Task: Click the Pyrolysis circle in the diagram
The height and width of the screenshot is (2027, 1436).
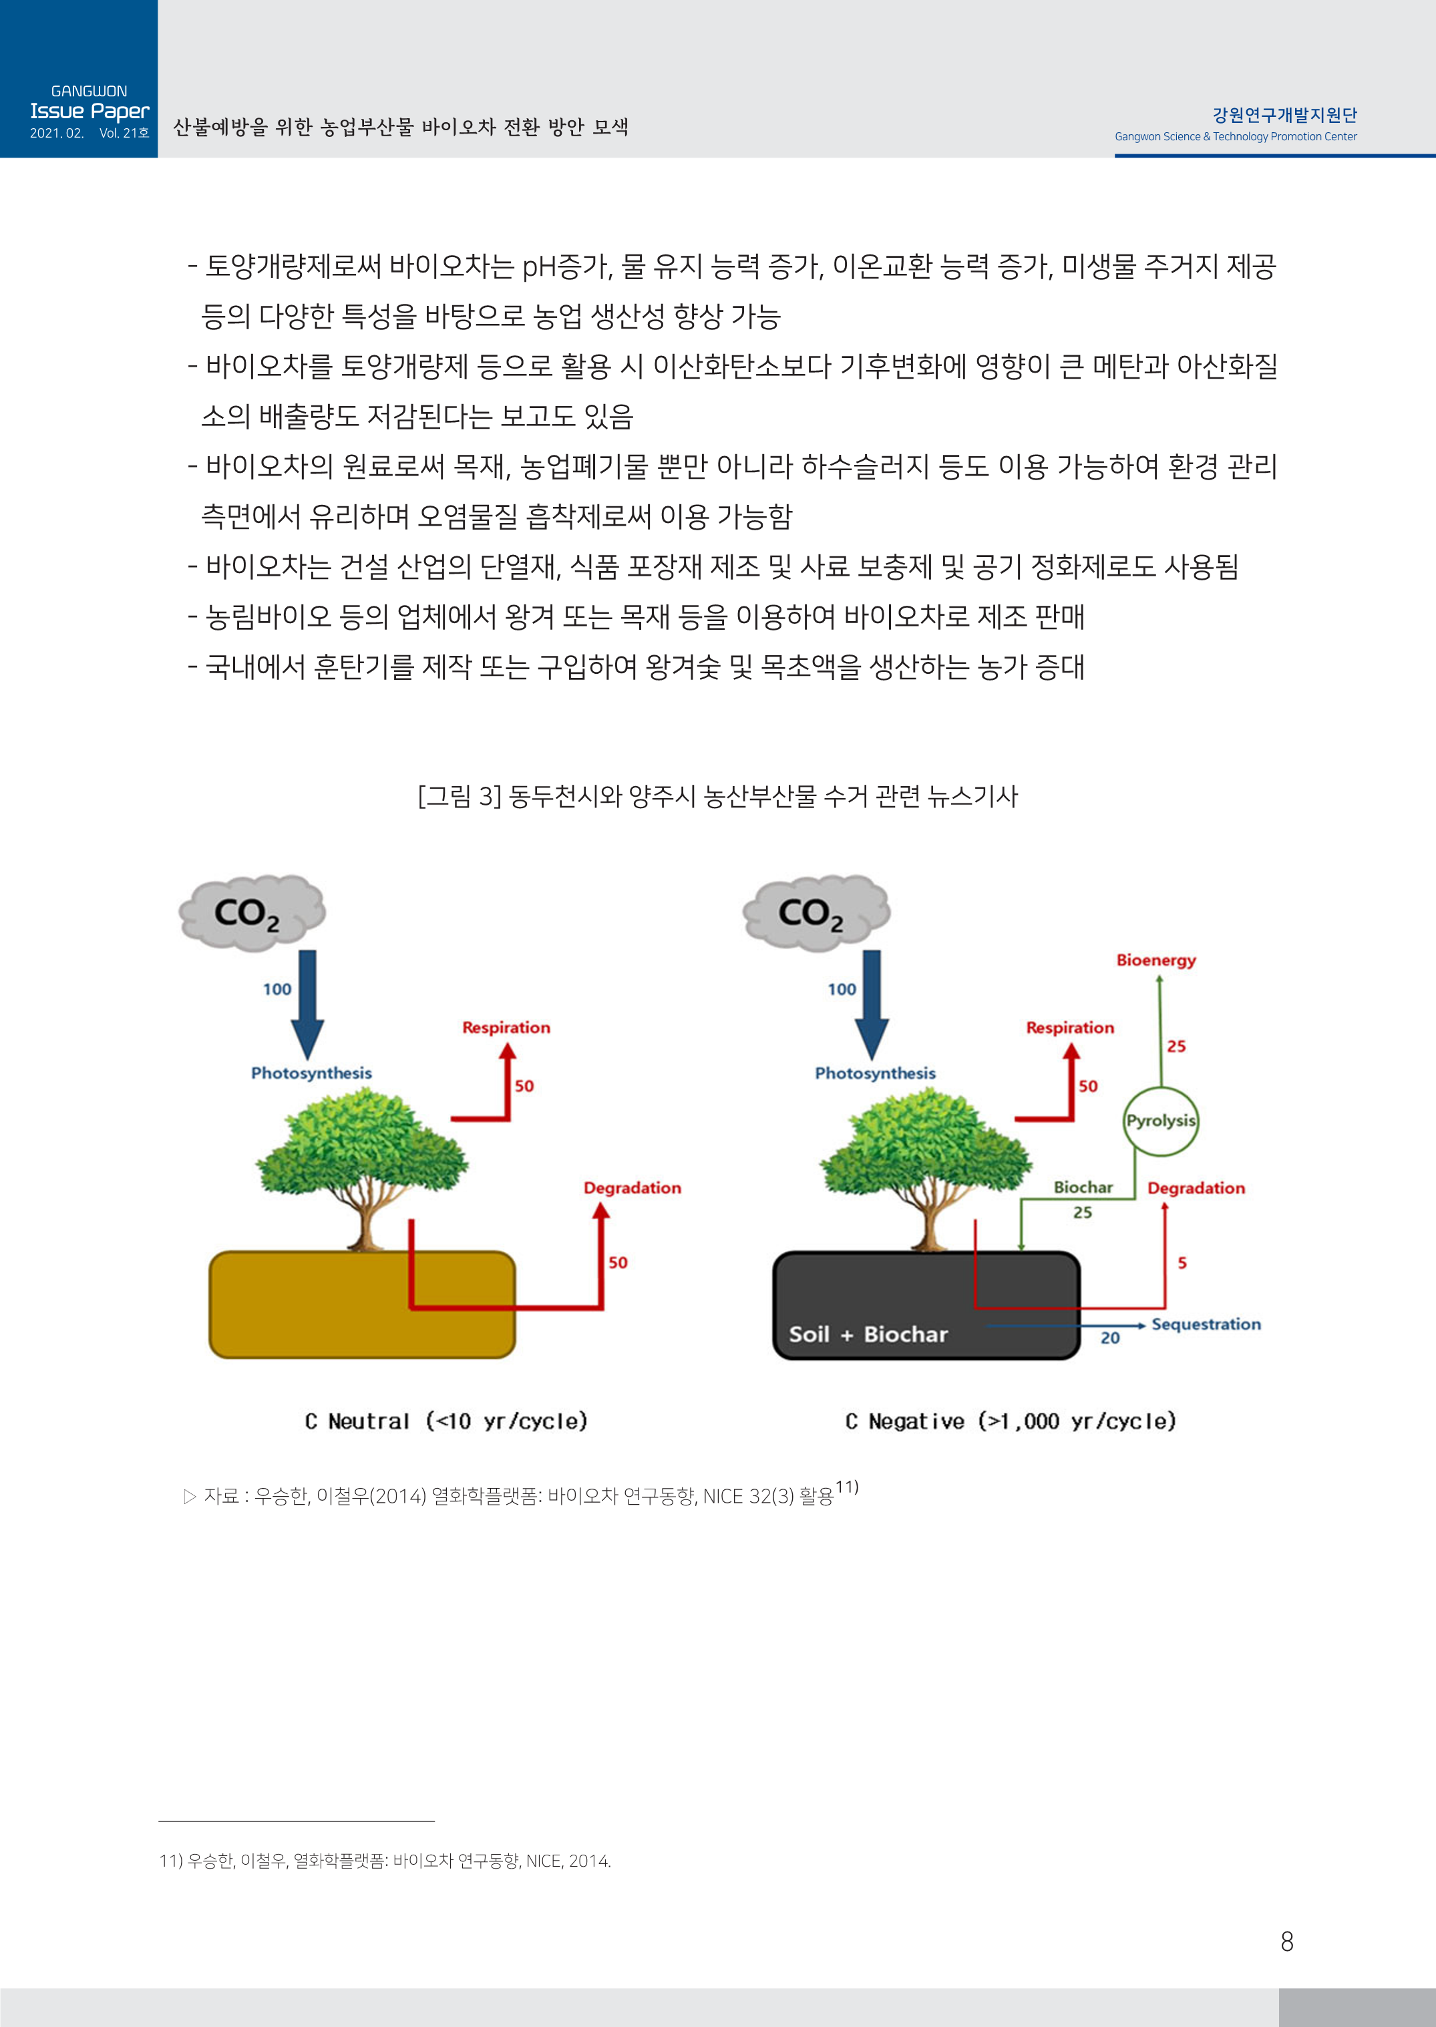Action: (x=1160, y=1121)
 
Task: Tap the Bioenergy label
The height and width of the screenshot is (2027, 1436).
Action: (x=1155, y=960)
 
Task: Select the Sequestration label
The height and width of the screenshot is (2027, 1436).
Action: (x=1206, y=1324)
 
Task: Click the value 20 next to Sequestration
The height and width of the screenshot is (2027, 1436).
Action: (x=1109, y=1338)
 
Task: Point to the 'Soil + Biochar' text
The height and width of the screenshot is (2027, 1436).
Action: (x=868, y=1334)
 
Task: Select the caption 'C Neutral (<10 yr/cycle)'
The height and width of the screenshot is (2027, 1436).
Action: (x=445, y=1421)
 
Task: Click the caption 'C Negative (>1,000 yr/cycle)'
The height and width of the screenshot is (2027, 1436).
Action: (x=1011, y=1421)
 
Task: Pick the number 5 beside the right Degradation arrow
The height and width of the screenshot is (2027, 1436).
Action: (x=1182, y=1263)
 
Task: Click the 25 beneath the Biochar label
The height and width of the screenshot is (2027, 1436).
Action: (x=1082, y=1213)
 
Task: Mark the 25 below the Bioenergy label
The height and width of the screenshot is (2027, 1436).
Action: (x=1176, y=1047)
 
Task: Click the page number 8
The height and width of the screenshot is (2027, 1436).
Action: (x=1286, y=1942)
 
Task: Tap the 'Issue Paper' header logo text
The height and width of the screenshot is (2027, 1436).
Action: (x=89, y=112)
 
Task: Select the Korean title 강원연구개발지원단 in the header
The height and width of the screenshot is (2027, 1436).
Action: (x=1284, y=115)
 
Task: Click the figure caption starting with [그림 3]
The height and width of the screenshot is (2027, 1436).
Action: (x=717, y=797)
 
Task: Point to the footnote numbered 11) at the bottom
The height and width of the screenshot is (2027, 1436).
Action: (x=385, y=1861)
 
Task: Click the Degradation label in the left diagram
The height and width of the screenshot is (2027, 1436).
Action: (x=633, y=1188)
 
